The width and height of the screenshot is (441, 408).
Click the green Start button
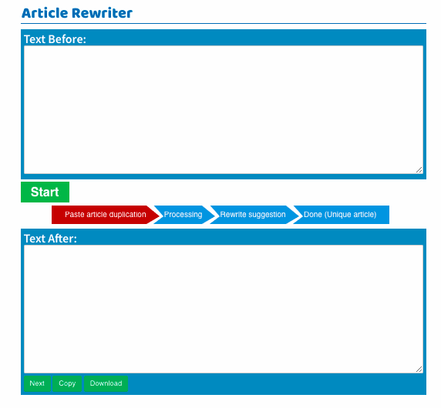point(45,192)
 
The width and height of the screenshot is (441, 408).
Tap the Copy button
point(67,383)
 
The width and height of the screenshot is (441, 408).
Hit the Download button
point(106,383)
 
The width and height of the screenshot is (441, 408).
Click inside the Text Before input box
point(224,109)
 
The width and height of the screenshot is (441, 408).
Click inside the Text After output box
point(224,309)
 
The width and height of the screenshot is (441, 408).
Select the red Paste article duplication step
point(106,215)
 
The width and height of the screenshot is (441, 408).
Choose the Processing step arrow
point(183,215)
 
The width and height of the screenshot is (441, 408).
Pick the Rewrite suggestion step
point(253,215)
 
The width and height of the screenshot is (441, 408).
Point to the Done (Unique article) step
point(341,215)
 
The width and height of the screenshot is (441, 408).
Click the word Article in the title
point(45,13)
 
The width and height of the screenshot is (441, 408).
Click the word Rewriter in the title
point(102,13)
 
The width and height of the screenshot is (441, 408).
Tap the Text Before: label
point(55,39)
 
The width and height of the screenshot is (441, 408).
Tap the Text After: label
point(50,239)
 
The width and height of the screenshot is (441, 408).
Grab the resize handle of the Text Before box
point(419,170)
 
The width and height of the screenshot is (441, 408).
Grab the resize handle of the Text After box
point(419,370)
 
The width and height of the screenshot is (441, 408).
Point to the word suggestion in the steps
point(268,215)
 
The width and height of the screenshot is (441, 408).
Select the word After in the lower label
point(62,239)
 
